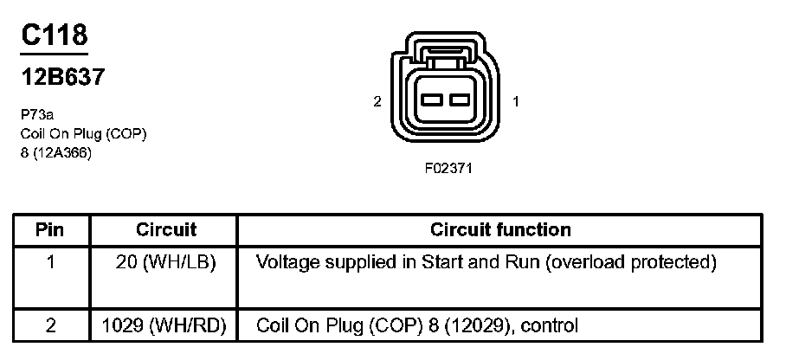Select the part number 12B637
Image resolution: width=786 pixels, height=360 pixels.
(63, 77)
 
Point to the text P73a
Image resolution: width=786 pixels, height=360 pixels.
(38, 113)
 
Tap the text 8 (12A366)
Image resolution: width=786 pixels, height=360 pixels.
(56, 153)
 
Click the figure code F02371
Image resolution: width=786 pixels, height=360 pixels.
(448, 168)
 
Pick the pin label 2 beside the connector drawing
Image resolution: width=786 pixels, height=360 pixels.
(377, 101)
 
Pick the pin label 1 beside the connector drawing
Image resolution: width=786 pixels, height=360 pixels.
(516, 101)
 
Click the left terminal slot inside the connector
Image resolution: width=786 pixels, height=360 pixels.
(432, 101)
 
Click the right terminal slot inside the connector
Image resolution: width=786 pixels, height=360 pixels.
(460, 101)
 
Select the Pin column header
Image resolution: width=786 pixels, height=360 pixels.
(51, 230)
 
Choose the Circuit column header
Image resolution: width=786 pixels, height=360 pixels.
(166, 230)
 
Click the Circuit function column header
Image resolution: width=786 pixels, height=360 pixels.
(500, 230)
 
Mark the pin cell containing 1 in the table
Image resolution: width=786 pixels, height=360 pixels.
(51, 261)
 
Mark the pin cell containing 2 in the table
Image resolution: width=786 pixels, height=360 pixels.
(51, 325)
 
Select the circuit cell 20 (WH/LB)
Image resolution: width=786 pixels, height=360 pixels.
(165, 261)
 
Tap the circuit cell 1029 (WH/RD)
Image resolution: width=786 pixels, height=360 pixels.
(164, 325)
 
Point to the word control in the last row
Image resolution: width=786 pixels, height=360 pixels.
(550, 325)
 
